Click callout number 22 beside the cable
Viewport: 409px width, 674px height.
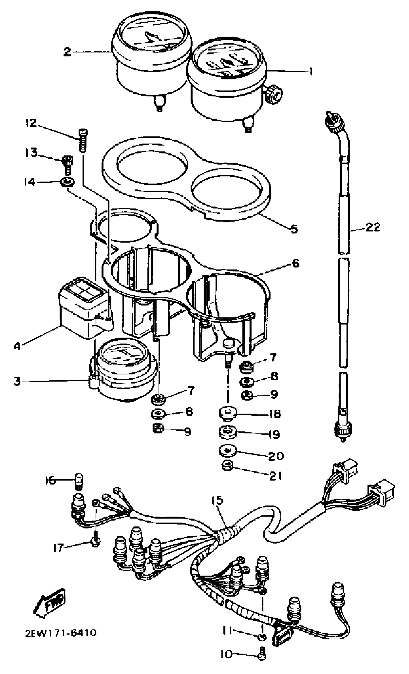(x=373, y=227)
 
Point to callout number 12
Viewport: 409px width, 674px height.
(x=31, y=123)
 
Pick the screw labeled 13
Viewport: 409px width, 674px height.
(x=68, y=164)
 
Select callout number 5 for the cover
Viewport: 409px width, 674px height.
(x=293, y=229)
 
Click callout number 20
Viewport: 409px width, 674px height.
(x=275, y=456)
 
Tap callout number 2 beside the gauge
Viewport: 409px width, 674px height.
(x=67, y=52)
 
